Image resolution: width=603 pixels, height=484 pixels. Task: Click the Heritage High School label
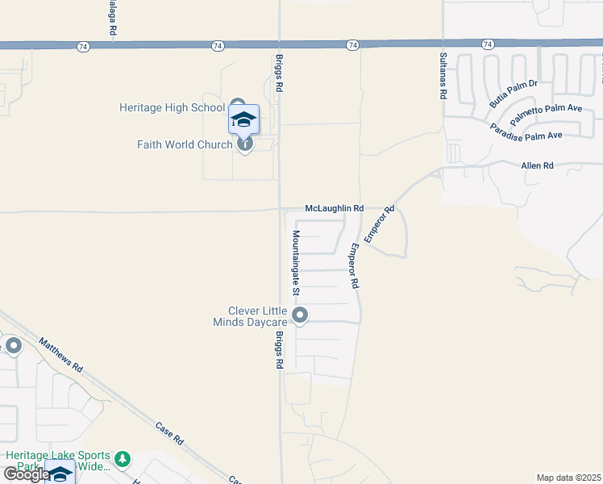172,107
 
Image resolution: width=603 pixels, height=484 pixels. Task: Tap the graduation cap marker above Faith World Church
243,119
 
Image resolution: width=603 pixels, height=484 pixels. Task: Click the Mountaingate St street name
296,261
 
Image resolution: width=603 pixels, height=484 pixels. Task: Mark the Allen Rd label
538,165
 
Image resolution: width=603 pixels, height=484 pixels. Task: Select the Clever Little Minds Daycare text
258,317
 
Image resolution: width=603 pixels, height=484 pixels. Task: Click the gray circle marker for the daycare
300,315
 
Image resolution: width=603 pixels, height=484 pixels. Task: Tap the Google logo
26,474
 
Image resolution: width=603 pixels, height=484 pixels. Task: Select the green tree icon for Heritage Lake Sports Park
122,459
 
